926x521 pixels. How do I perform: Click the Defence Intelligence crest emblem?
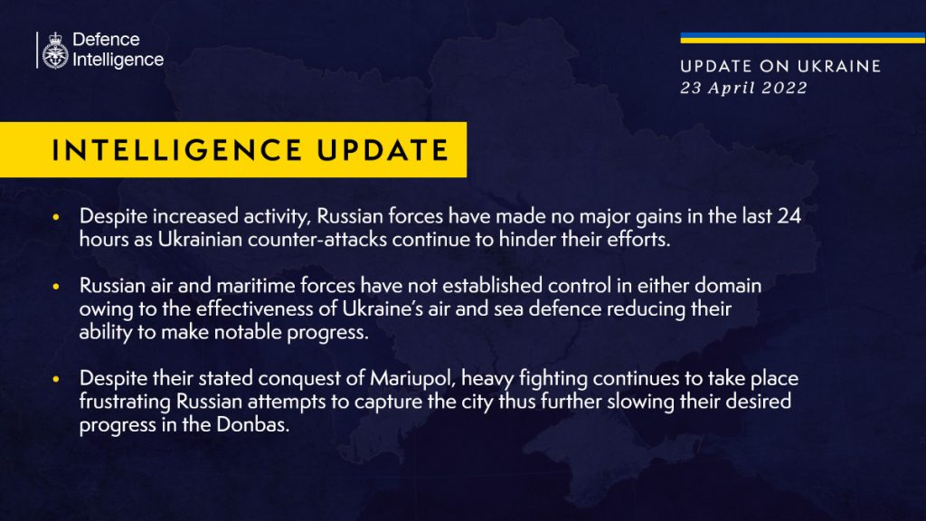(x=55, y=51)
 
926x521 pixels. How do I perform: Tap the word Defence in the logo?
(x=106, y=40)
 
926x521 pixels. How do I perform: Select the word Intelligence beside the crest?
(x=118, y=60)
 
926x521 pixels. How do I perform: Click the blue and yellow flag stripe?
(x=803, y=38)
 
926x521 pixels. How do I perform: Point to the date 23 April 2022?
(x=743, y=88)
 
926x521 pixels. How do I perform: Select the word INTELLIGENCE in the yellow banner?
(x=177, y=150)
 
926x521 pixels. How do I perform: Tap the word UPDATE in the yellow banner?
(x=383, y=150)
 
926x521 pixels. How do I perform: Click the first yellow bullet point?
(x=56, y=217)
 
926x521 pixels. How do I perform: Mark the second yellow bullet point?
(x=56, y=287)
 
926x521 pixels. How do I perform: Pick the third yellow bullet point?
(x=56, y=379)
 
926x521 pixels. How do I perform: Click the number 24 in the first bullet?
(x=789, y=216)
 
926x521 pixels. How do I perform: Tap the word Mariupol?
(x=412, y=379)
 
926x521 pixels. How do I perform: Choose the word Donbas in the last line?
(x=253, y=425)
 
